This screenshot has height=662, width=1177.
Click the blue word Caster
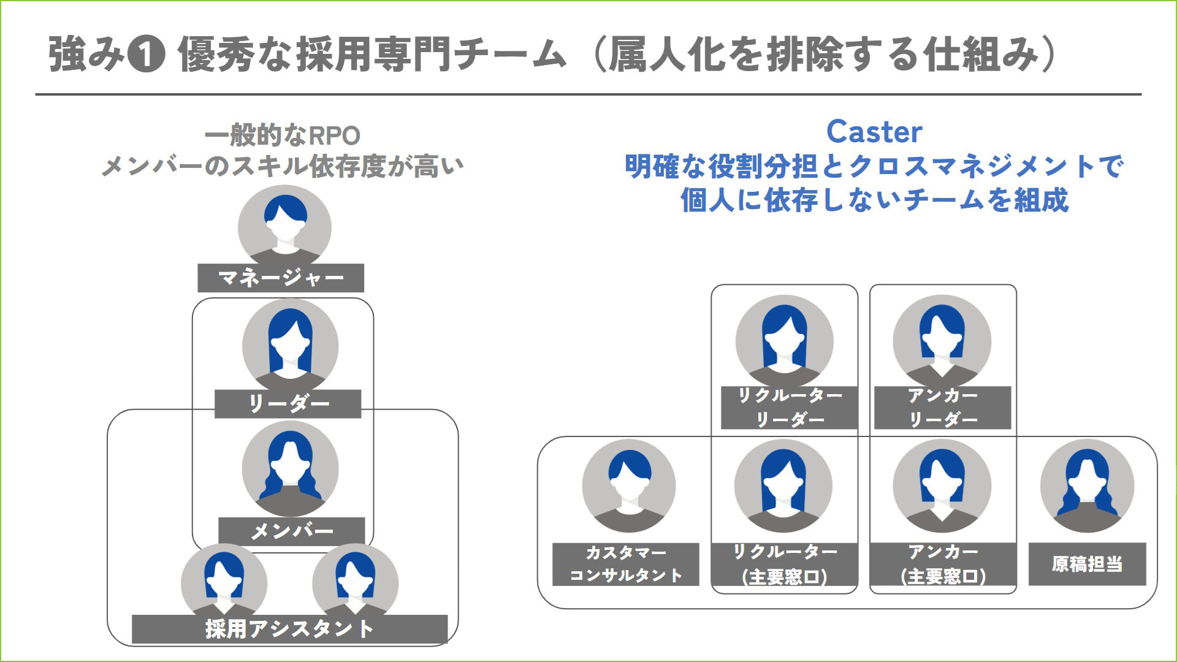[874, 132]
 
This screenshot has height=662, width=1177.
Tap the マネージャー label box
[281, 278]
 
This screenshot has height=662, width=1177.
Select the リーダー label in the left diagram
[288, 403]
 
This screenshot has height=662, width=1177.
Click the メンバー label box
[292, 531]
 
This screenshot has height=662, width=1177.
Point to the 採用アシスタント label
[289, 629]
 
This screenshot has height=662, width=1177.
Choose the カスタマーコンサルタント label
[625, 564]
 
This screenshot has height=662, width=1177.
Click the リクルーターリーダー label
[789, 408]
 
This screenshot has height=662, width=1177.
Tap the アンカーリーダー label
[942, 408]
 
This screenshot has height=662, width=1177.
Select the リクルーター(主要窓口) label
[784, 564]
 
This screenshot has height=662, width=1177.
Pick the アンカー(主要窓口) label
[943, 564]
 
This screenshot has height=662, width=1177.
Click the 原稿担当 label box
[1087, 564]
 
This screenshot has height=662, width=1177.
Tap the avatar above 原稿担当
[1087, 486]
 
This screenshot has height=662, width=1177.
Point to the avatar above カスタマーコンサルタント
[629, 486]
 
